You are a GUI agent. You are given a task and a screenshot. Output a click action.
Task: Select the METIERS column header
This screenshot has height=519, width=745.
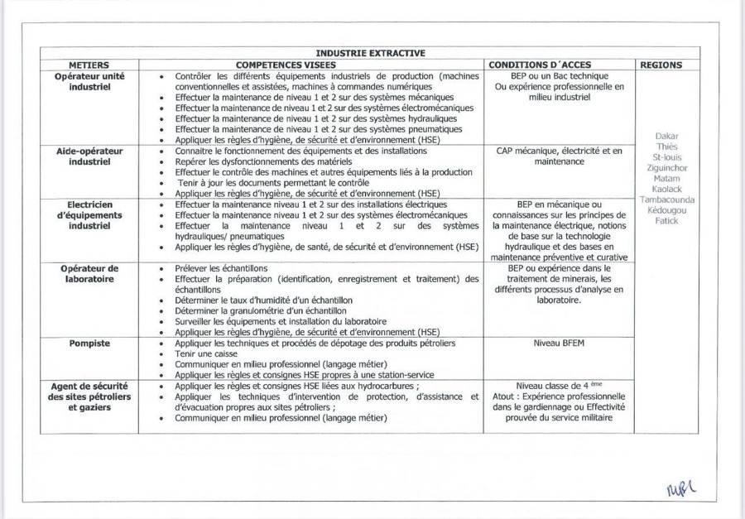coord(89,65)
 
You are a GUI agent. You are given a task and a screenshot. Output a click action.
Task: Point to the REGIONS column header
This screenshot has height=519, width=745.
coord(661,65)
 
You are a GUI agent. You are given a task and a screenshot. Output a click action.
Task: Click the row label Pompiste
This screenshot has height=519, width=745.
coord(89,344)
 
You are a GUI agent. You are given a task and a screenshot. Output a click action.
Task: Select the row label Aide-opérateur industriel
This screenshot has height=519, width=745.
coord(89,156)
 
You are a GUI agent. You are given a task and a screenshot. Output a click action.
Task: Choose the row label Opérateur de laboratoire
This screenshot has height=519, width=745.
coord(89,274)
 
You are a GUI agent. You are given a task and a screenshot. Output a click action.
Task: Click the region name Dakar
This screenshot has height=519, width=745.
coord(666,137)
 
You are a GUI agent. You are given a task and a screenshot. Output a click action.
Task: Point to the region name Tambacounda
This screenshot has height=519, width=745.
coord(666,199)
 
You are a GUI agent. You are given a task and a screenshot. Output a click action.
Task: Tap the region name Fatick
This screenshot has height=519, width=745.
coord(666,221)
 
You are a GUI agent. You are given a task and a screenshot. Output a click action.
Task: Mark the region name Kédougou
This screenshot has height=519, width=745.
coord(666,210)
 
